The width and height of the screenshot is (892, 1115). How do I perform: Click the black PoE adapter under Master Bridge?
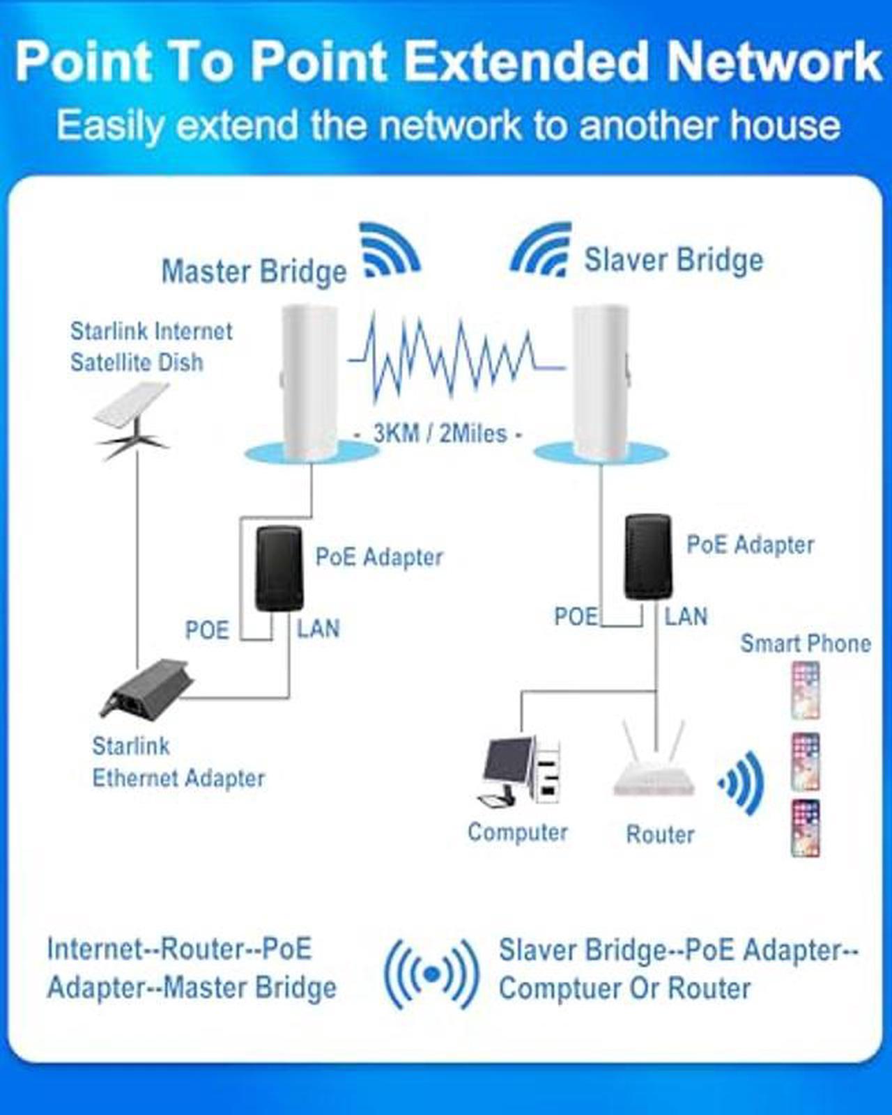[279, 568]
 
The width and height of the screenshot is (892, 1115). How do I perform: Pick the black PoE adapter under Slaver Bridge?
[648, 556]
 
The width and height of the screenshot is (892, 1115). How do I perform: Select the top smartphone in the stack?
[806, 690]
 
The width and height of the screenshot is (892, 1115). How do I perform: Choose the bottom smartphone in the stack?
[806, 828]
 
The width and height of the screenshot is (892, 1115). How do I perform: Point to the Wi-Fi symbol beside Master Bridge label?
[390, 249]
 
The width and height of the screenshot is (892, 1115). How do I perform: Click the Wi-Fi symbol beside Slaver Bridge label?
[541, 249]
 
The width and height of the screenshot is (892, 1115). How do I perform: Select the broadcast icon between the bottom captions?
[431, 975]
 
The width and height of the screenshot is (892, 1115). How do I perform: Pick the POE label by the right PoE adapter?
[576, 616]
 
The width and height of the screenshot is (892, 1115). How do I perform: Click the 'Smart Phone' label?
[806, 644]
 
